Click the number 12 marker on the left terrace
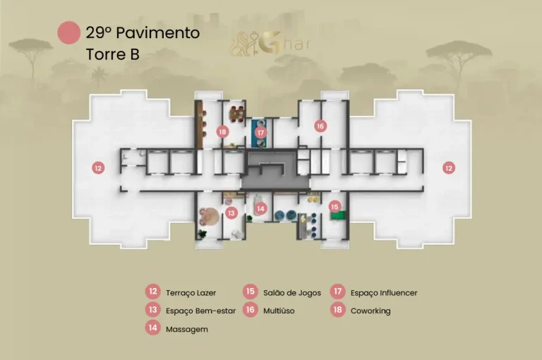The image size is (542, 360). (99, 168)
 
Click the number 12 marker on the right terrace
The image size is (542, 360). (449, 168)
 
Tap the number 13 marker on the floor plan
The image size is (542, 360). (231, 213)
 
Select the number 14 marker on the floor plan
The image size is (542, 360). (260, 208)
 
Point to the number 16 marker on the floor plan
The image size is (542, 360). (320, 126)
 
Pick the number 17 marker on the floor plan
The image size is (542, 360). (260, 133)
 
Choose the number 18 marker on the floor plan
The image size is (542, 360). (222, 132)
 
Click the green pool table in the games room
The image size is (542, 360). (337, 216)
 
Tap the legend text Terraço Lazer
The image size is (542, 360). (191, 293)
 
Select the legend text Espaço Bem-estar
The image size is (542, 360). (200, 311)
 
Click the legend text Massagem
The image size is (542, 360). (186, 329)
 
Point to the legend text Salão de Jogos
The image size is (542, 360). (292, 293)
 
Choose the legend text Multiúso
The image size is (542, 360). (279, 311)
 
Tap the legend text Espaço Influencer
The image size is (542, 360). (384, 293)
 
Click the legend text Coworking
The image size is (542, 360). (371, 311)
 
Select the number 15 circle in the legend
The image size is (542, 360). (251, 292)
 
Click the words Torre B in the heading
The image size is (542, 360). (113, 54)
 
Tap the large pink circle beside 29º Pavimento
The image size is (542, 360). (69, 32)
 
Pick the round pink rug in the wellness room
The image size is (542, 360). (208, 217)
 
